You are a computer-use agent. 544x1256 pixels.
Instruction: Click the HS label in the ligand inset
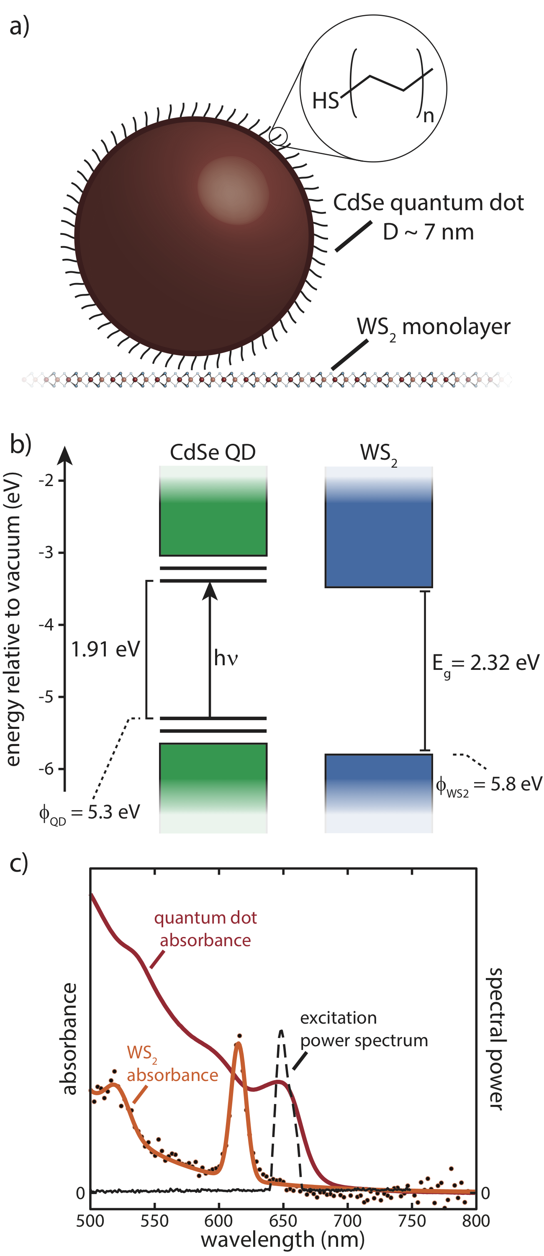[325, 101]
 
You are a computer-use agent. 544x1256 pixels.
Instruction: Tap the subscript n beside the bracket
[428, 116]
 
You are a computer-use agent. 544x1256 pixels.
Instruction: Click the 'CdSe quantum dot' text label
[428, 202]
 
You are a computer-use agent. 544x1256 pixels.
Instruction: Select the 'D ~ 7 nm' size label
[428, 232]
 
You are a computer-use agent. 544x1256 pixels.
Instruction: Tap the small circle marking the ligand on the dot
[278, 136]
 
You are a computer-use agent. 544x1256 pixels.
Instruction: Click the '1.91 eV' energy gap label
[105, 649]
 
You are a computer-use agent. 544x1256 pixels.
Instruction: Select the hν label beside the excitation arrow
[226, 658]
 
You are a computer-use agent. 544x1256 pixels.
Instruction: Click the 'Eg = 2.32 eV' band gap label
[485, 663]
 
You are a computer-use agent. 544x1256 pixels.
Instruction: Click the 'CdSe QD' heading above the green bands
[213, 453]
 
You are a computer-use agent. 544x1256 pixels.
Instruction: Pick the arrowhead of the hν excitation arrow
[210, 590]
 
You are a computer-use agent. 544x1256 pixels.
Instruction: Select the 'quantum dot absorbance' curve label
[205, 929]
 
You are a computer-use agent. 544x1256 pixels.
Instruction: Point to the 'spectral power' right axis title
[496, 1039]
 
